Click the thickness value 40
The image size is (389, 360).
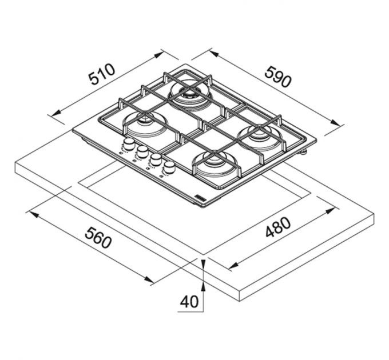point(189,302)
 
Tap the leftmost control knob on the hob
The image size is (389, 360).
point(129,143)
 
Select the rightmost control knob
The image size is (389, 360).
point(169,167)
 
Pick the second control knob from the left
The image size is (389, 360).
point(142,151)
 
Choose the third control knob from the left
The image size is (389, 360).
point(156,159)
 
